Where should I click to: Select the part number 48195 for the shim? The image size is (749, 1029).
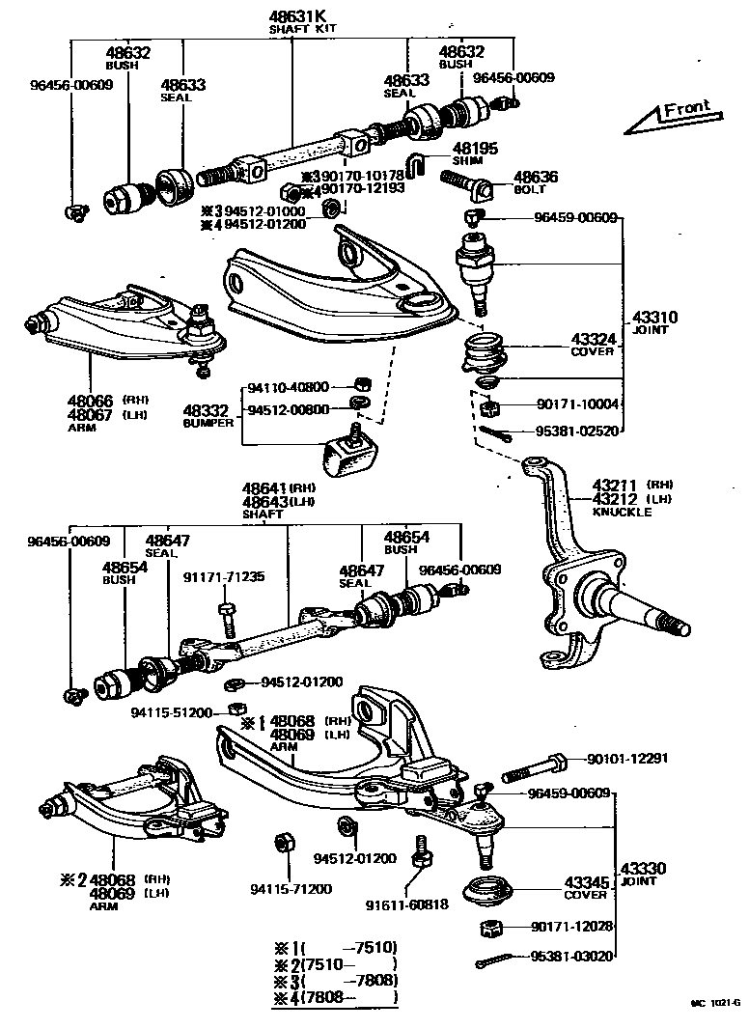pos(476,149)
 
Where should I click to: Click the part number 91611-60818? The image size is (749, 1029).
pos(406,904)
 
